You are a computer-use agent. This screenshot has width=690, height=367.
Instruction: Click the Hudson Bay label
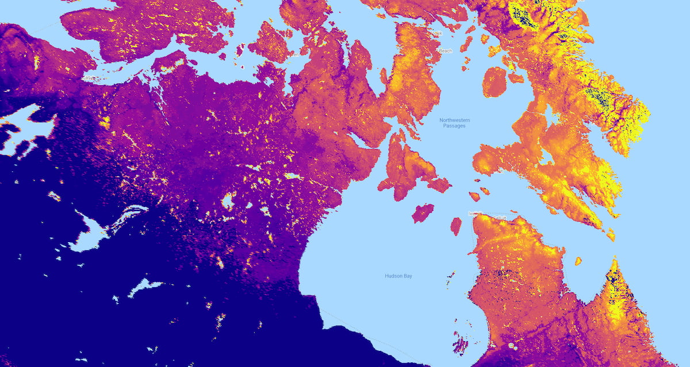(x=398, y=276)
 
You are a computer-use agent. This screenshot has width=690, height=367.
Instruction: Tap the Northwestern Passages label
(x=454, y=123)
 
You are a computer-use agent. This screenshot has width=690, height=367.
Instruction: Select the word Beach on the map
(x=446, y=51)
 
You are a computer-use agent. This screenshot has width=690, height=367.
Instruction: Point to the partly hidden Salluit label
(x=499, y=217)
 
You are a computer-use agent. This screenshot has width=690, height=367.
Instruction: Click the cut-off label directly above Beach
(x=438, y=33)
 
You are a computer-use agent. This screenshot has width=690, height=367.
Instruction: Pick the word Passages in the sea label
(x=454, y=126)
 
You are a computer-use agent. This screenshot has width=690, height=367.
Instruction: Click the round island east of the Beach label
(x=494, y=82)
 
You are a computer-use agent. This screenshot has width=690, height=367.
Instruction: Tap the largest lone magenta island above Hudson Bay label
(x=423, y=213)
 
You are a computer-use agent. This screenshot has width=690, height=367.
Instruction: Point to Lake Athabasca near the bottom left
(x=144, y=286)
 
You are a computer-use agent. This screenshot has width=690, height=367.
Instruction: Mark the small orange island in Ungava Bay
(x=578, y=261)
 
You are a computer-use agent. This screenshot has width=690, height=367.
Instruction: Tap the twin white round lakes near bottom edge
(x=512, y=347)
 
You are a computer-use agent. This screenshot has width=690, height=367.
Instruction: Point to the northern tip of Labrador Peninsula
(x=614, y=263)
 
